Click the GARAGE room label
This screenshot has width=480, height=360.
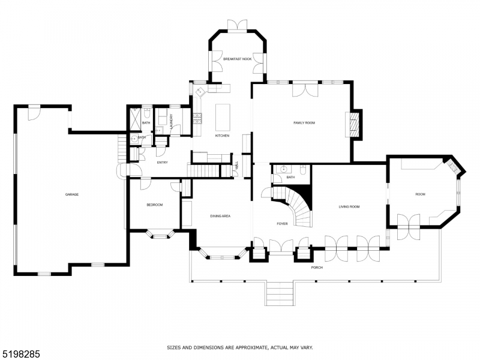click(x=72, y=194)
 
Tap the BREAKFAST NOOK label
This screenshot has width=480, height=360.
click(x=236, y=59)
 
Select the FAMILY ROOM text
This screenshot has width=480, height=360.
click(x=304, y=123)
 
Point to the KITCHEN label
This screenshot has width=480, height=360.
click(x=223, y=136)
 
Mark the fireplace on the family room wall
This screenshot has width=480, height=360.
click(x=355, y=125)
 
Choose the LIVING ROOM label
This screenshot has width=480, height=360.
click(x=349, y=207)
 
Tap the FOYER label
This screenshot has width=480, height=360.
click(x=282, y=224)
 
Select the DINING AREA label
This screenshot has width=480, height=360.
click(x=220, y=216)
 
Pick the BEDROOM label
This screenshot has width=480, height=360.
click(x=155, y=205)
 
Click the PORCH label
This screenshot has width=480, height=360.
click(x=317, y=267)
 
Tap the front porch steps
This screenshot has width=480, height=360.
click(x=279, y=294)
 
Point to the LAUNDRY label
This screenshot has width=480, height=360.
click(x=172, y=121)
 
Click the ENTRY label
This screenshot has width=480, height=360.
click(x=162, y=163)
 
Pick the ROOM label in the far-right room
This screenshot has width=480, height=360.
click(x=420, y=194)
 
